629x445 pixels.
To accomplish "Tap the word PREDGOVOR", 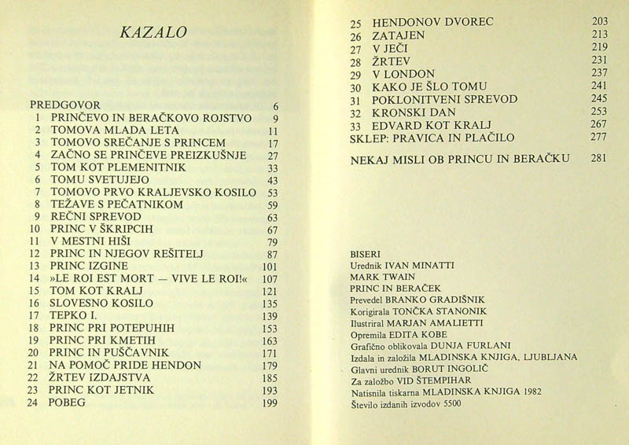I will click(66, 105).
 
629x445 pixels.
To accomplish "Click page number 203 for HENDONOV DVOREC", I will click(599, 22).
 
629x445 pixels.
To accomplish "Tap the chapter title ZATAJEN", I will click(399, 36).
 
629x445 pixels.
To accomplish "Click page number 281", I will click(599, 158).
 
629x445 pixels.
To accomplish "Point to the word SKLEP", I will click(367, 138).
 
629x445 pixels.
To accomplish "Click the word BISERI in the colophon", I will click(366, 255).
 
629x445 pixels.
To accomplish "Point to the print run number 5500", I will click(447, 405).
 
